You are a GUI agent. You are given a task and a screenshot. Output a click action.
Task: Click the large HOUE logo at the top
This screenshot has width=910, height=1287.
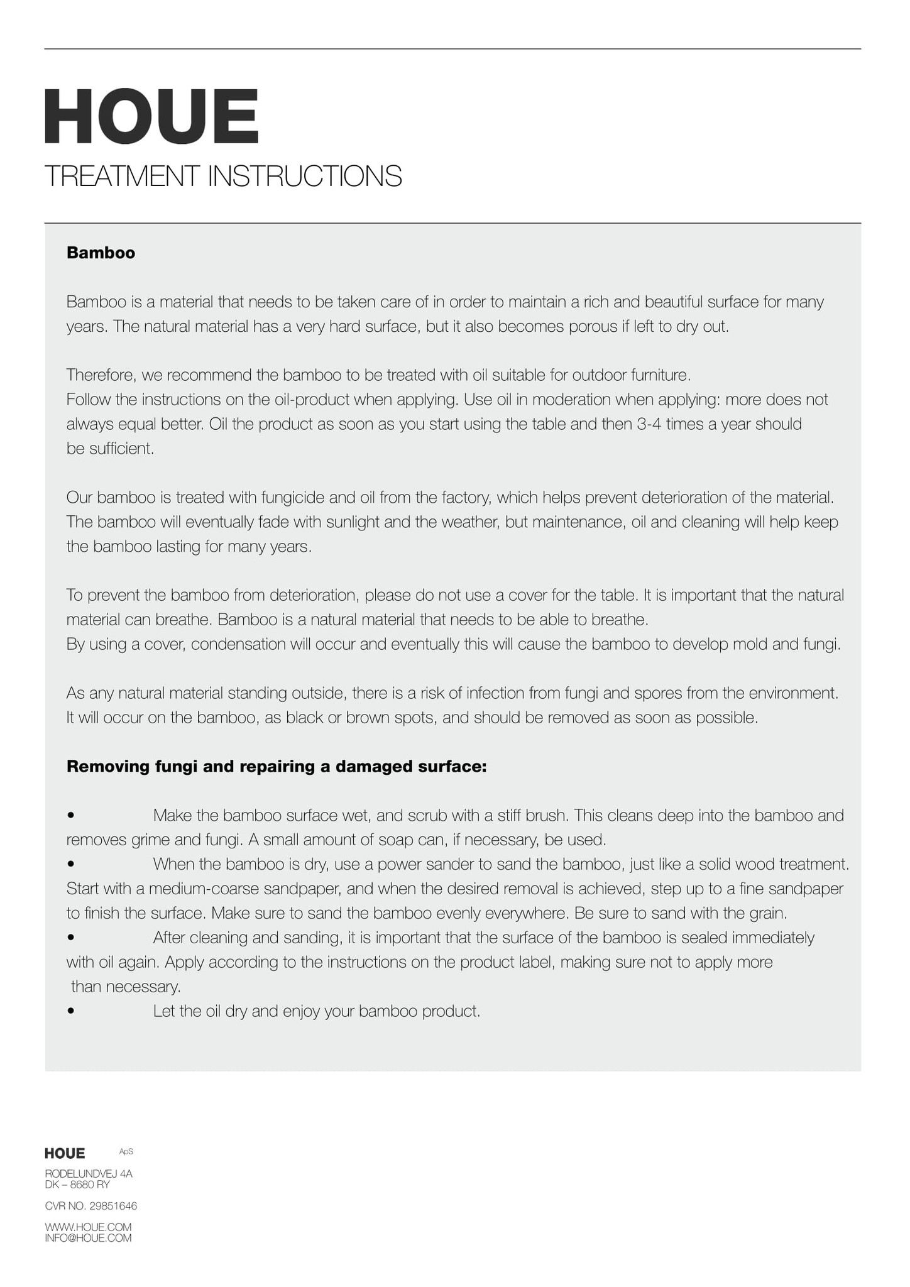[x=151, y=116]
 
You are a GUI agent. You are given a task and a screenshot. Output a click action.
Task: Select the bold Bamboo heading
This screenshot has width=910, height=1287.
[x=101, y=253]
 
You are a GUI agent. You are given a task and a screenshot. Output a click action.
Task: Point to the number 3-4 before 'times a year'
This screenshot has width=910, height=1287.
[x=649, y=424]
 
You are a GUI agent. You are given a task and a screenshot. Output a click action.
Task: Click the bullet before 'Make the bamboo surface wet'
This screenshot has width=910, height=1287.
[x=71, y=816]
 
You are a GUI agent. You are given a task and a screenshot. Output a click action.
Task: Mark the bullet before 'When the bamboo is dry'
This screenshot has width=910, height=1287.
[x=71, y=865]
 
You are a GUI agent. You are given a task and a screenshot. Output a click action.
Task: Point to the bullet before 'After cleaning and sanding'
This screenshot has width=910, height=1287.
[x=71, y=938]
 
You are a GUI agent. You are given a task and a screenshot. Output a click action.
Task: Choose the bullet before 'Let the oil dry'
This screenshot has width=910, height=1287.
[x=71, y=1012]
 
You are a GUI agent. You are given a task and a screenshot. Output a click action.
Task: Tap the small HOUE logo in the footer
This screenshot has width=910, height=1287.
[x=65, y=1153]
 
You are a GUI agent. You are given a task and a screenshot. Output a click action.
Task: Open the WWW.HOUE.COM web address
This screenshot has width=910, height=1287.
[x=88, y=1227]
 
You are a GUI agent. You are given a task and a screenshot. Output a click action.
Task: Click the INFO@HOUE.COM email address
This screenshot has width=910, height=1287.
[x=88, y=1238]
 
